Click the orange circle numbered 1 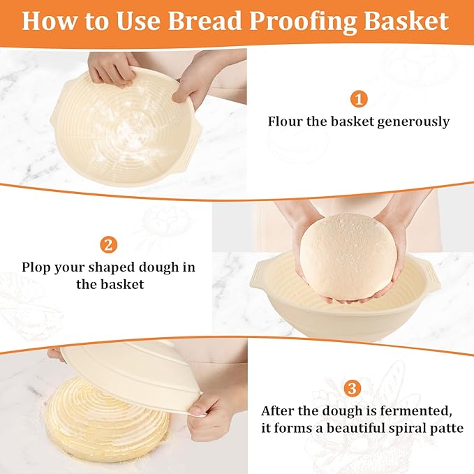(x=359, y=98)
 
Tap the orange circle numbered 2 (x=108, y=244)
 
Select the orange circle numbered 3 (x=353, y=387)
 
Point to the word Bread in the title (x=207, y=21)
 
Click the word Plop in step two (x=36, y=267)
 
